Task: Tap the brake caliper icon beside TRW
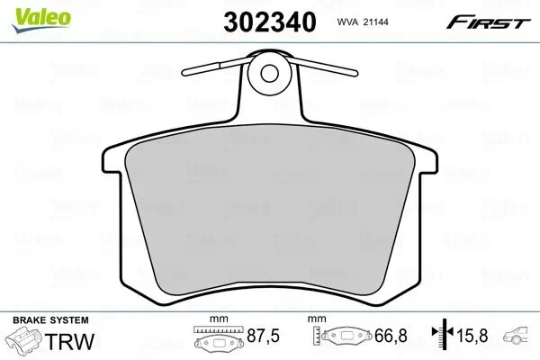[26, 342]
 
